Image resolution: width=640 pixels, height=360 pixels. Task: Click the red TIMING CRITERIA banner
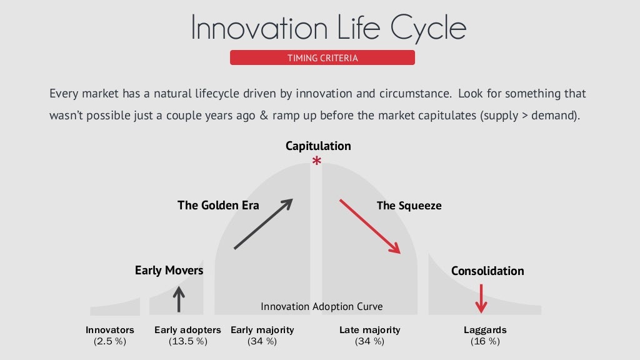click(322, 58)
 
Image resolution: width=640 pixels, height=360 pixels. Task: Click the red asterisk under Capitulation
click(317, 162)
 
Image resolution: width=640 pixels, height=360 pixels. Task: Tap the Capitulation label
click(318, 146)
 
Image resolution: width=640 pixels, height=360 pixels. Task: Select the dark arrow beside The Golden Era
click(263, 224)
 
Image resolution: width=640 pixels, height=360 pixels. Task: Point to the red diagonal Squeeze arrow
click(369, 226)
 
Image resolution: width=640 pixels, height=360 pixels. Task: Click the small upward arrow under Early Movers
click(179, 299)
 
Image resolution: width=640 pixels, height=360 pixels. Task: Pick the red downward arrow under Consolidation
click(481, 299)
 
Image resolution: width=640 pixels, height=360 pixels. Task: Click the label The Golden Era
click(218, 205)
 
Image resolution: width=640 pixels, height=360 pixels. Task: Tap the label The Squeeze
click(409, 205)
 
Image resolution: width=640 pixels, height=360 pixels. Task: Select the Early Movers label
click(169, 271)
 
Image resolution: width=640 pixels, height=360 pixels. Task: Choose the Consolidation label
click(487, 271)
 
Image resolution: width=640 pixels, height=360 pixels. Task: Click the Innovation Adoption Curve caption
click(321, 307)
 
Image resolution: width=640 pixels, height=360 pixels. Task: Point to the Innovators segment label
click(110, 330)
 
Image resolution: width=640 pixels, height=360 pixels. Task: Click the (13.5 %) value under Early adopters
click(187, 341)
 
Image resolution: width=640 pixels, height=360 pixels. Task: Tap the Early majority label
click(262, 330)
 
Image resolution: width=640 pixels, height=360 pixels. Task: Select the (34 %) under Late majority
click(369, 341)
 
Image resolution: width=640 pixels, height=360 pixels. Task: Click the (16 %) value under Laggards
click(485, 341)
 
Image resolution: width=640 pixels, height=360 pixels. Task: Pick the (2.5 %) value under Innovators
click(110, 341)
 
